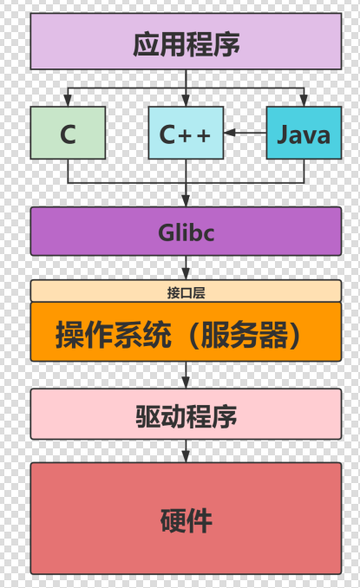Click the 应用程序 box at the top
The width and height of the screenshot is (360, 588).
click(186, 42)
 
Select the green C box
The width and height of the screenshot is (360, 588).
click(68, 133)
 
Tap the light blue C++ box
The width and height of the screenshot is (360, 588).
click(186, 133)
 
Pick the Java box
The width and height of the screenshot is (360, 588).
click(304, 133)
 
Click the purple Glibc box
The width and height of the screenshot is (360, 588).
click(186, 231)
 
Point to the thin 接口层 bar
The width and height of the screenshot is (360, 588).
click(186, 291)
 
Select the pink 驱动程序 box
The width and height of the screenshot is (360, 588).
click(186, 414)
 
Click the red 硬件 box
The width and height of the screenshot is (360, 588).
click(186, 518)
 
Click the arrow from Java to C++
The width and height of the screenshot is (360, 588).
click(245, 133)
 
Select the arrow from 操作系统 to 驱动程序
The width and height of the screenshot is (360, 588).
click(186, 374)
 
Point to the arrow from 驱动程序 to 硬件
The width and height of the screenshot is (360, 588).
click(186, 449)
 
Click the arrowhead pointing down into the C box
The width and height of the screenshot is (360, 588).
click(68, 101)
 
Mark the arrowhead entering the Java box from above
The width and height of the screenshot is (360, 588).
click(304, 101)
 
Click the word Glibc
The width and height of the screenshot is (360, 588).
click(186, 232)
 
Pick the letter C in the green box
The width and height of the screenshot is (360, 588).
click(68, 134)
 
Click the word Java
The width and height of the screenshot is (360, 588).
click(304, 134)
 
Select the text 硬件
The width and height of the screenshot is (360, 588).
click(186, 520)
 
